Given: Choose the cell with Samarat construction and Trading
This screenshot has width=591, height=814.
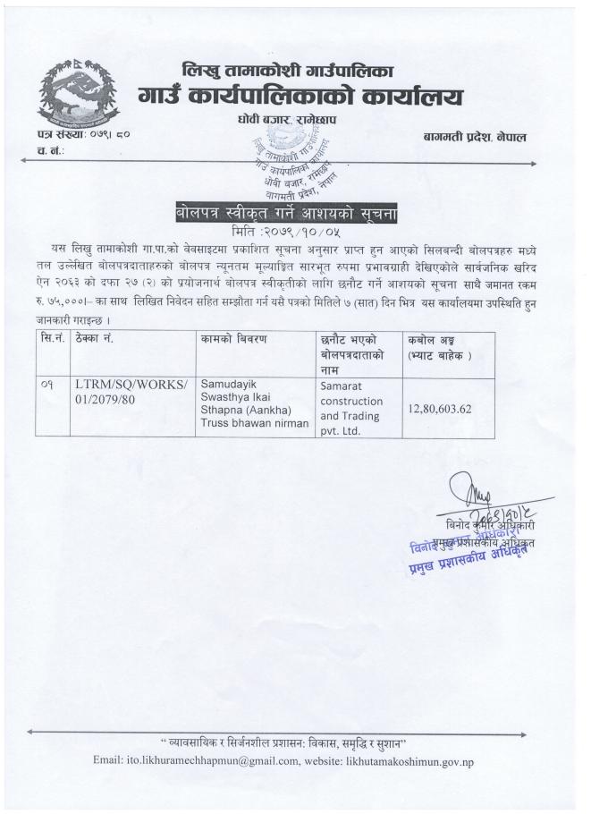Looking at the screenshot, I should point(352,407).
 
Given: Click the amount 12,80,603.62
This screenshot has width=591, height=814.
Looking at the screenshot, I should point(452,407).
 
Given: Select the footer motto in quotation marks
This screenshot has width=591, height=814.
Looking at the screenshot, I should point(292,742).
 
